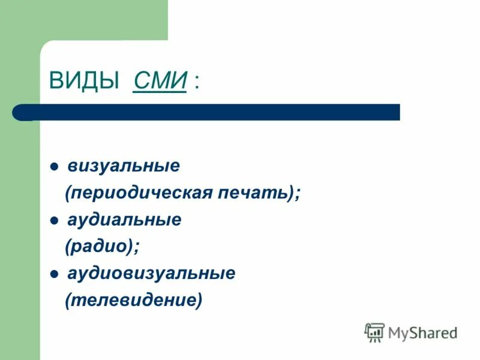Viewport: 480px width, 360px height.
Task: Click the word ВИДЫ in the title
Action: tap(84, 81)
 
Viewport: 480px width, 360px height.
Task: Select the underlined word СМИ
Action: tap(160, 81)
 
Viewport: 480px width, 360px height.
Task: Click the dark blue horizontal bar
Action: tap(216, 112)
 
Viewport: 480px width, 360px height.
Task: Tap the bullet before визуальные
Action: tap(54, 167)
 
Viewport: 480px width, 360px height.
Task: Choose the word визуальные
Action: tap(124, 166)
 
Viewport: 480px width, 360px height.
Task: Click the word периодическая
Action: tap(142, 193)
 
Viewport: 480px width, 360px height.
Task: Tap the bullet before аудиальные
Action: tap(54, 221)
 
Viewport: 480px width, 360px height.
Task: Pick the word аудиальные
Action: tap(124, 220)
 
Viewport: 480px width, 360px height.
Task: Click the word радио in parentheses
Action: tap(98, 247)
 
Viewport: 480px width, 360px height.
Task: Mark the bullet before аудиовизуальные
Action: tap(54, 275)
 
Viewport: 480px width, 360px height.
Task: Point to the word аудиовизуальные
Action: tap(151, 274)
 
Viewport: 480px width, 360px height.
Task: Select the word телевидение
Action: tap(134, 301)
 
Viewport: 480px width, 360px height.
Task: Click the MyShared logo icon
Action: tap(374, 332)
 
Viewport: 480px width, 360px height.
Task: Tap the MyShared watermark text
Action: tap(422, 332)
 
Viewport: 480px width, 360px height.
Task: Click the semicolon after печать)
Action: tap(298, 194)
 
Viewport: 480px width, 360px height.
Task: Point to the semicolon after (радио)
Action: tap(136, 248)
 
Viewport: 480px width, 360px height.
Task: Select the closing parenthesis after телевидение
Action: tap(199, 301)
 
